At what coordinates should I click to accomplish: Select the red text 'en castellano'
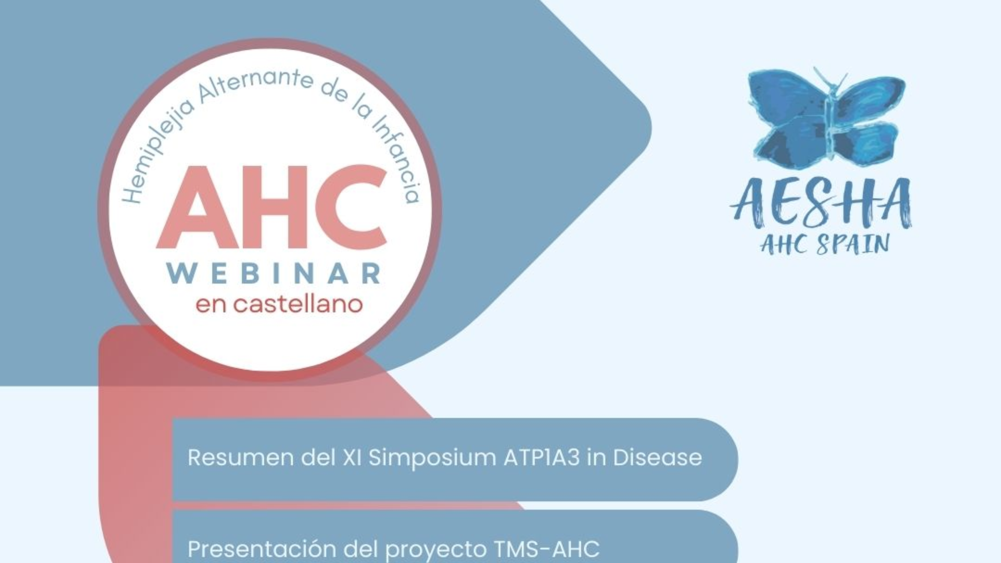pos(279,305)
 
